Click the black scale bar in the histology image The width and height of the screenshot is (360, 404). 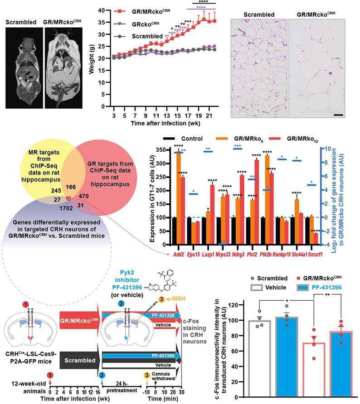click(x=338, y=115)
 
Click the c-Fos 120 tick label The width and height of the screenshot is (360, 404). click(x=233, y=305)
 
